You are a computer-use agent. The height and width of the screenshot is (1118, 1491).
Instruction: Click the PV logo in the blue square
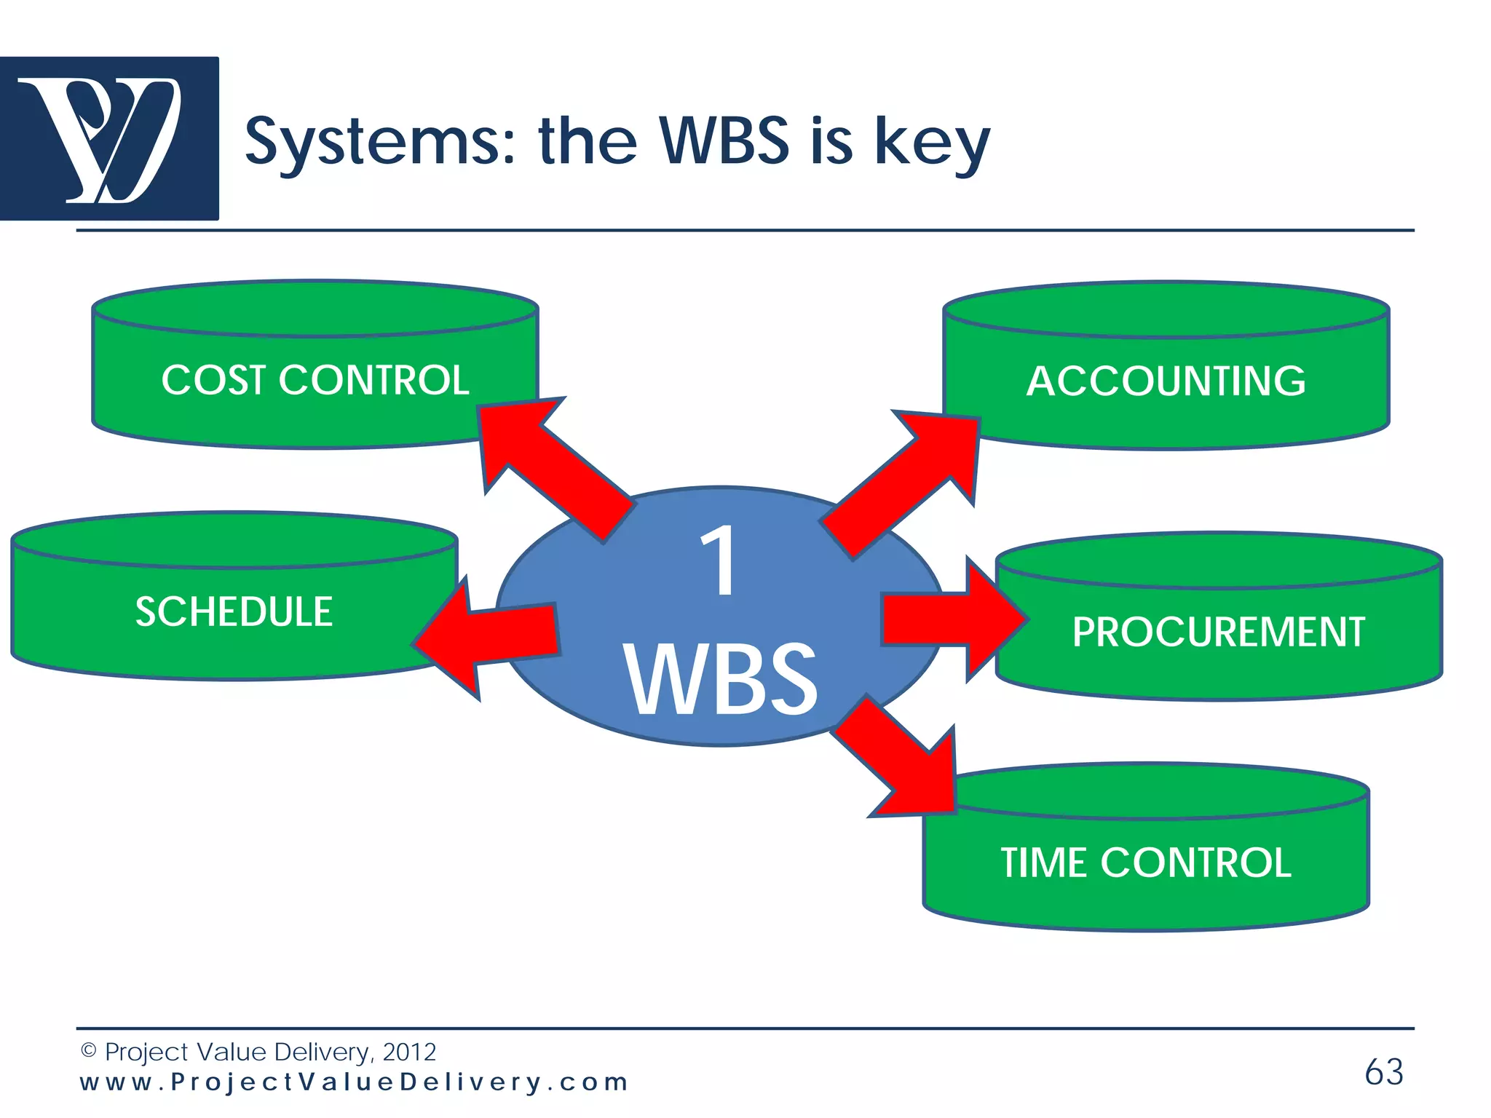click(109, 138)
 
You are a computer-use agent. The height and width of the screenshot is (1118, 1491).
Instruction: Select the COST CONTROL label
click(315, 380)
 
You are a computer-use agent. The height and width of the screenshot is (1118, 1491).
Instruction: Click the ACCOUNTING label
click(1166, 381)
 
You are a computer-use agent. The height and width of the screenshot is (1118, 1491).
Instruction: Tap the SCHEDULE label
click(234, 611)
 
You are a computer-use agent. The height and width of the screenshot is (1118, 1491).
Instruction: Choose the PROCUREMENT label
click(1218, 631)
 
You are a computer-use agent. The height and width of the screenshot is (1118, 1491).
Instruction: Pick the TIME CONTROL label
click(1146, 863)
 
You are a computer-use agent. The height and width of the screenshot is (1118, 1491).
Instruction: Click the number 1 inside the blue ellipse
click(719, 560)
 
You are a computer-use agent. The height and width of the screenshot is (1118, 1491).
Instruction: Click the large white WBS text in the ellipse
click(721, 681)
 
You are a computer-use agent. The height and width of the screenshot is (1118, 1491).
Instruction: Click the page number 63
click(1383, 1071)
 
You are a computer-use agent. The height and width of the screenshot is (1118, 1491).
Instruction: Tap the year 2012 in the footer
click(409, 1052)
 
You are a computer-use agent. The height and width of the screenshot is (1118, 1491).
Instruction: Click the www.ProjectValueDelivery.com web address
click(354, 1082)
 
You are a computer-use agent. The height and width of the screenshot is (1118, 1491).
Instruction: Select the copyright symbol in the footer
click(88, 1050)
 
